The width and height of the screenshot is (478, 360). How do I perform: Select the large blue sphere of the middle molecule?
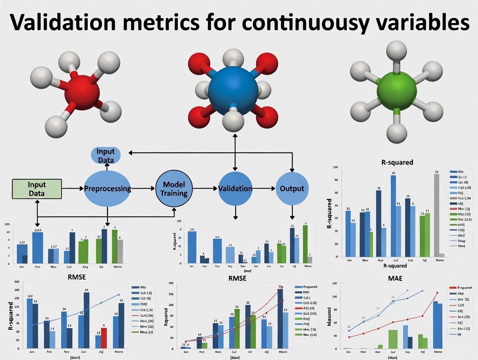pos(236,90)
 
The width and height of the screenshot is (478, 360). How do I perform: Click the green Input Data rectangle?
pos(37,189)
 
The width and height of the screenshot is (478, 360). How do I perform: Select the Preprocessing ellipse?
pos(107,189)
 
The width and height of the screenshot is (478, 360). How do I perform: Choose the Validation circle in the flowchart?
pos(235,189)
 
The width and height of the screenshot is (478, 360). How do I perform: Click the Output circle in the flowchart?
pos(292,189)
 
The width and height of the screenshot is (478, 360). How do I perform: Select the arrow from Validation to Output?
pos(264,189)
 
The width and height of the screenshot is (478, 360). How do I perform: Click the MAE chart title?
pos(396,278)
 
